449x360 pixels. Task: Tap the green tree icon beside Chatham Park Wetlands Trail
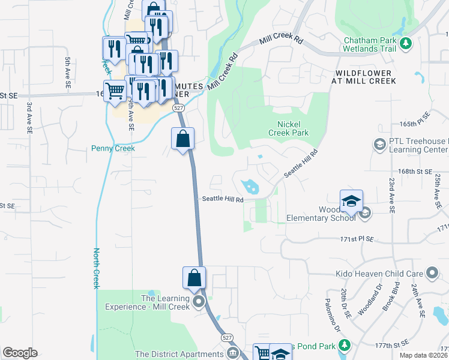pyautogui.click(x=406, y=43)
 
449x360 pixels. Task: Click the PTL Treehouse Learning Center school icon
pyautogui.click(x=379, y=144)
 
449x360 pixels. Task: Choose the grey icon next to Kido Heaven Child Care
pyautogui.click(x=430, y=274)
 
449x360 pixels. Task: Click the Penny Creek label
pyautogui.click(x=113, y=148)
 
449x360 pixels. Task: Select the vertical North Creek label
pyautogui.click(x=95, y=268)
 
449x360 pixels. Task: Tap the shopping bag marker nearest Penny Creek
pyautogui.click(x=182, y=139)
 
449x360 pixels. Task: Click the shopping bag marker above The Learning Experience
pyautogui.click(x=194, y=278)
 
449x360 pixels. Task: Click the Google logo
pyautogui.click(x=20, y=353)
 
